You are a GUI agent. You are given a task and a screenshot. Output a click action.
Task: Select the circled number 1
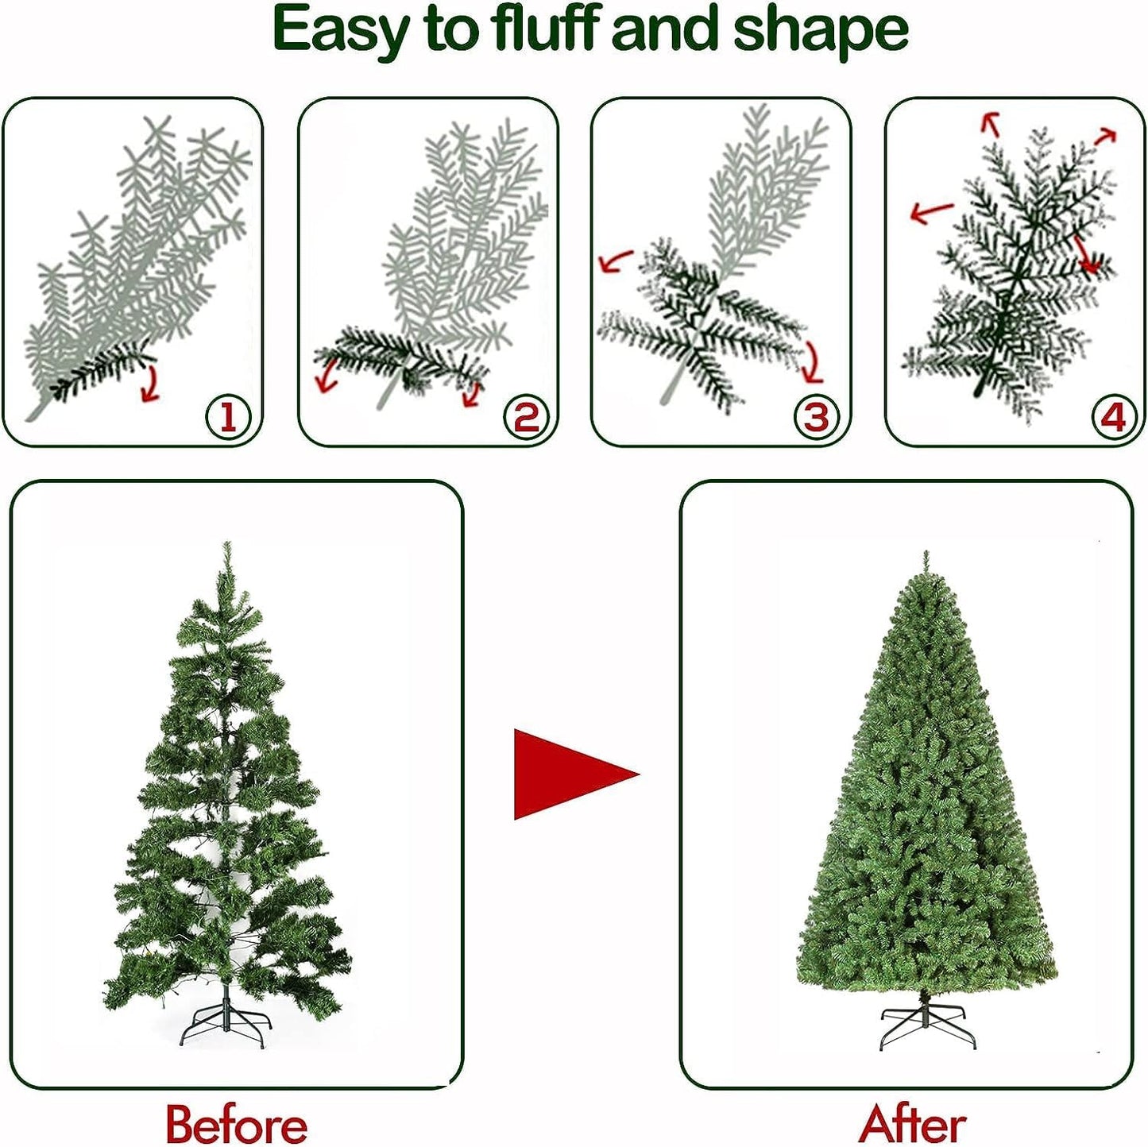[x=227, y=416]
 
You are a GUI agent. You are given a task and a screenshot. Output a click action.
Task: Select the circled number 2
[x=525, y=416]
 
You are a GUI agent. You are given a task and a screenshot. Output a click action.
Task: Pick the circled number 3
[x=816, y=416]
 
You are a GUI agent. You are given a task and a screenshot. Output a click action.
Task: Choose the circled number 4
[x=1113, y=416]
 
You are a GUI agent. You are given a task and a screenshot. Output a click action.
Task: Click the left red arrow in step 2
[x=326, y=375]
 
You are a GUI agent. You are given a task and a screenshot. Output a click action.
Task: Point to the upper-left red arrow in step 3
[x=615, y=261]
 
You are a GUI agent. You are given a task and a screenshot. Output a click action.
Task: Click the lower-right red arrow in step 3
[x=812, y=362]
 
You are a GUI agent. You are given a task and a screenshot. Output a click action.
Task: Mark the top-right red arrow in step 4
[x=1105, y=137]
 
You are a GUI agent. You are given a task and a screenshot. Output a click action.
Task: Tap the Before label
[x=236, y=1124]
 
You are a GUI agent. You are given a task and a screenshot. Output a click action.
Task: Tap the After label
[x=912, y=1124]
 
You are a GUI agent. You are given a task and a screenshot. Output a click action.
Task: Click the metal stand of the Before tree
[x=226, y=1025]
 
